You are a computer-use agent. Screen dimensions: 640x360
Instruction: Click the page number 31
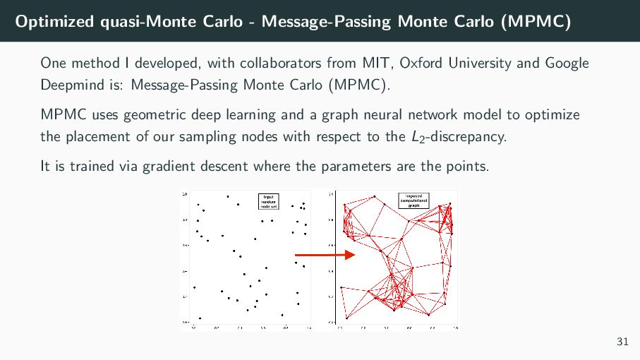tap(622, 342)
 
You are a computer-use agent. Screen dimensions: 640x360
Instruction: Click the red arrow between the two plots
tap(324, 255)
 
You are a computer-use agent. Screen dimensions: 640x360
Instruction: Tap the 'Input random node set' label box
tap(270, 202)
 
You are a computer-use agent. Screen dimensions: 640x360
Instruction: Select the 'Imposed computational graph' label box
tap(414, 200)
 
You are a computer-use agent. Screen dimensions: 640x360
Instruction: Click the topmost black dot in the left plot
tap(228, 196)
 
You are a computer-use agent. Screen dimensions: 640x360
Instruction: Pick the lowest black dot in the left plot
tap(200, 318)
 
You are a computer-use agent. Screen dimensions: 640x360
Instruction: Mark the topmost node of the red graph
tap(375, 196)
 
